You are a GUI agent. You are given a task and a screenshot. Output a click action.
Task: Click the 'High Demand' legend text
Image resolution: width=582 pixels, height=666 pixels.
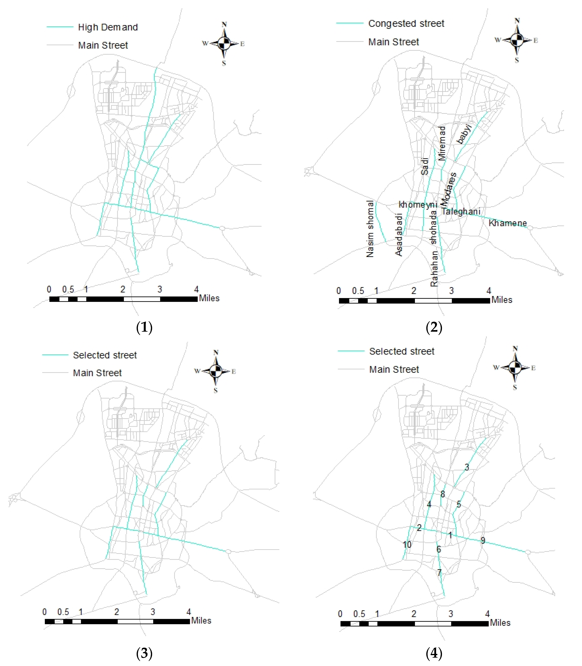tap(108, 27)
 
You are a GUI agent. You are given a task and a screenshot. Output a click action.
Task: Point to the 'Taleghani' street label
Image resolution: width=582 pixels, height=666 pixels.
tap(460, 211)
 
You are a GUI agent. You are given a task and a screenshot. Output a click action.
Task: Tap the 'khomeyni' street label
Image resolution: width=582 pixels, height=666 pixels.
tap(418, 205)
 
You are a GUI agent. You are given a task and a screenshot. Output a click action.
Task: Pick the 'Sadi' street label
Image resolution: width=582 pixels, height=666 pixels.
tap(425, 166)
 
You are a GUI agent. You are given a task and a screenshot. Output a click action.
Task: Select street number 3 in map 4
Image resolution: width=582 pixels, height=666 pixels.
tap(467, 467)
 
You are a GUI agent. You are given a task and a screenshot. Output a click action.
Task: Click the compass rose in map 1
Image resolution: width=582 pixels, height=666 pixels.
tap(224, 43)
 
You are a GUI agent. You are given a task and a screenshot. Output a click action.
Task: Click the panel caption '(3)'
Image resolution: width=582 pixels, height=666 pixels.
tap(144, 653)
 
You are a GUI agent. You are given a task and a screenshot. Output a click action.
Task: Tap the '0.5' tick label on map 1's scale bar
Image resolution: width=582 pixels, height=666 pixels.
tap(68, 289)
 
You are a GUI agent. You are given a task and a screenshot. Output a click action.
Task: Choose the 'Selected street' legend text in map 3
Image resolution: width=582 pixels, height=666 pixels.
tap(105, 355)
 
